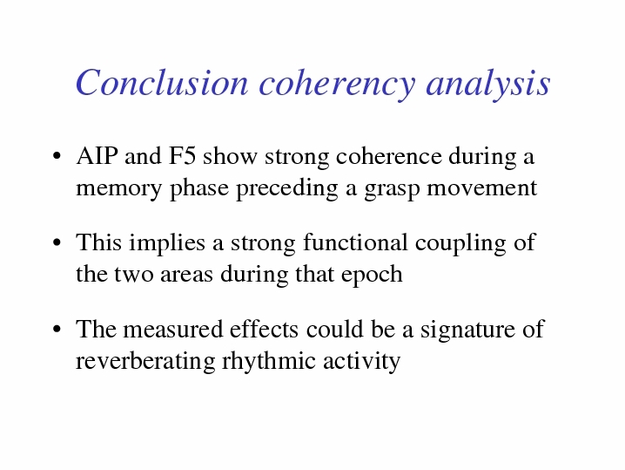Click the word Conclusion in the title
click(x=162, y=83)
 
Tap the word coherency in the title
click(x=337, y=85)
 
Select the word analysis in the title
click(x=488, y=85)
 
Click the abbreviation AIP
click(x=97, y=156)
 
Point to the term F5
click(x=182, y=156)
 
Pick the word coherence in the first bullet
click(x=389, y=156)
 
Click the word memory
click(x=118, y=189)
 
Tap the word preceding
click(x=287, y=188)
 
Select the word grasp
click(x=392, y=190)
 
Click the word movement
click(x=482, y=187)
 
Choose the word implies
click(x=165, y=243)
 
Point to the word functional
click(x=355, y=242)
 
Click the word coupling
click(x=460, y=243)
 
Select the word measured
click(x=172, y=330)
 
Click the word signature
click(x=467, y=331)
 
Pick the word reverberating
click(x=145, y=362)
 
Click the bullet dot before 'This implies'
click(x=57, y=242)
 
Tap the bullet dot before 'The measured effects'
click(x=57, y=330)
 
